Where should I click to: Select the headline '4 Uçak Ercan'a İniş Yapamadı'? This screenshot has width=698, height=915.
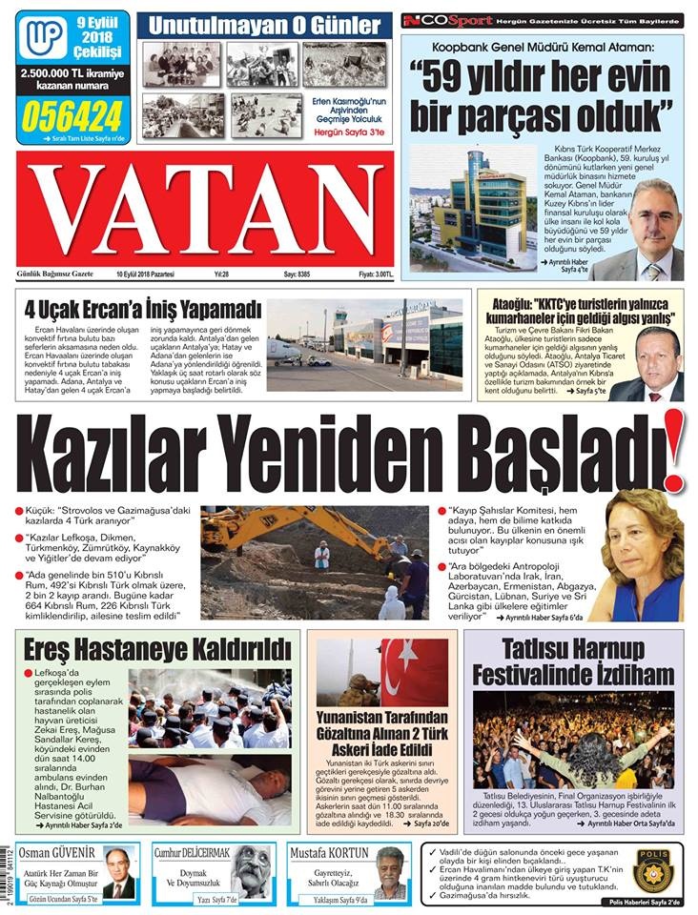(x=143, y=310)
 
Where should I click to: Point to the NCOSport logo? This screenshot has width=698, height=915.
(x=447, y=20)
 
